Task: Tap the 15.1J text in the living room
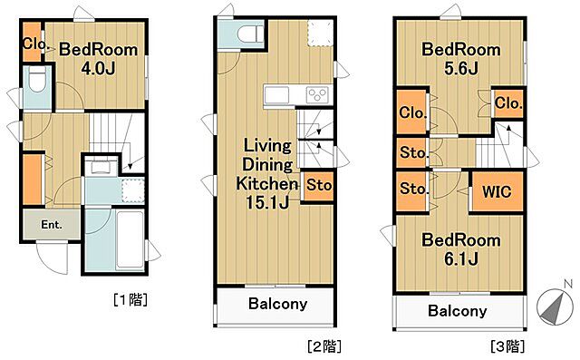click(x=266, y=201)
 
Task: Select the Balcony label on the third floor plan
click(x=457, y=311)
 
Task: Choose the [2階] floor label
click(x=324, y=345)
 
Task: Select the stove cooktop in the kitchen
click(x=317, y=95)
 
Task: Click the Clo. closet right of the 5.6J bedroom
click(x=508, y=103)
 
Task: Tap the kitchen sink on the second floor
click(x=276, y=95)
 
